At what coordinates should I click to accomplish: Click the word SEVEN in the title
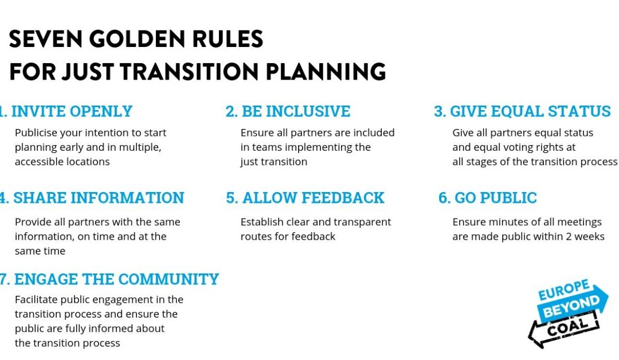[45, 39]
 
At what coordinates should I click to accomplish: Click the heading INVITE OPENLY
[72, 111]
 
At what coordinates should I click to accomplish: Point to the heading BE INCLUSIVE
[296, 111]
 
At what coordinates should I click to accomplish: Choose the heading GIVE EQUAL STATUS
[530, 111]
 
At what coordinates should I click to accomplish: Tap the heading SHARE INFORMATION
[99, 198]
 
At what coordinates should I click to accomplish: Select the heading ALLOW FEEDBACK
[313, 198]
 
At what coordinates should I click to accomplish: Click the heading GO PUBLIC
[495, 198]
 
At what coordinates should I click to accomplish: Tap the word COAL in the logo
[567, 327]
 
